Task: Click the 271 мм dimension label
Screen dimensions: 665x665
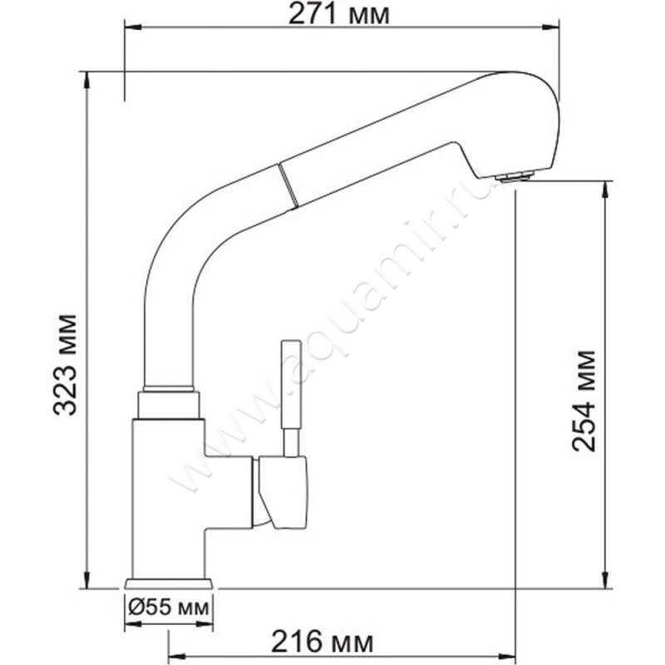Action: tap(338, 15)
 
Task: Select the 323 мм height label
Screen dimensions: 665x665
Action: tap(65, 365)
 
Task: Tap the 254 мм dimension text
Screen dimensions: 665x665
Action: tap(584, 401)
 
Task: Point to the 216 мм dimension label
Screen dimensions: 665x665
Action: tap(323, 642)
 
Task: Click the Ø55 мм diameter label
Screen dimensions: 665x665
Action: tap(169, 608)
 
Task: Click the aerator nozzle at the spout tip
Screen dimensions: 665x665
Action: tap(516, 176)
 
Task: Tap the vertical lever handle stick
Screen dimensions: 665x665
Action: tap(291, 398)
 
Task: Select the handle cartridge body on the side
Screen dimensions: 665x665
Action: tap(280, 492)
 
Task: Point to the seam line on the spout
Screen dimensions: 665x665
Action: tap(287, 185)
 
